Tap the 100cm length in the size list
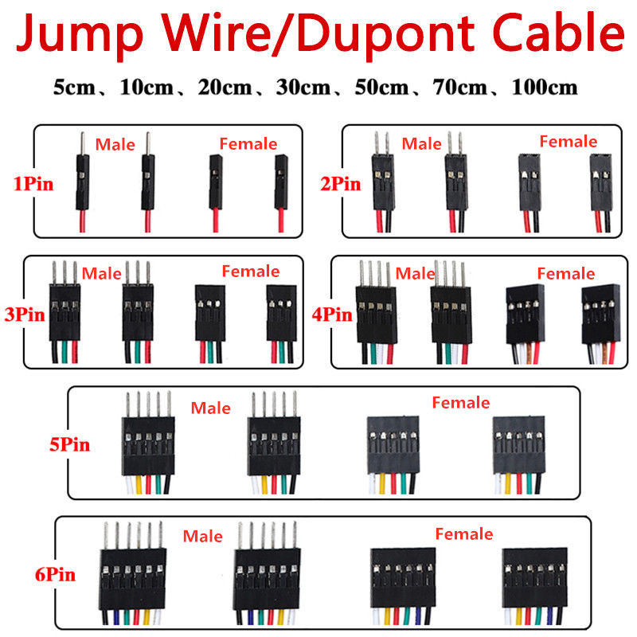(545, 88)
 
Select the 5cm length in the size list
(74, 88)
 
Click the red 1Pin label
(33, 184)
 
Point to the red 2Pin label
(341, 184)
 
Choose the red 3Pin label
(25, 315)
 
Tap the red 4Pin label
(332, 315)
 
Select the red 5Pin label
(69, 444)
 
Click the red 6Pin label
(55, 574)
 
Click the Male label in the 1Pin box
(115, 145)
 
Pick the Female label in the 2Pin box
(569, 142)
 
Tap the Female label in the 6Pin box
(464, 533)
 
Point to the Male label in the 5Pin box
(210, 408)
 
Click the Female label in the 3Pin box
(251, 271)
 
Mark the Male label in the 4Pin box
(415, 273)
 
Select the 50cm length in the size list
(381, 88)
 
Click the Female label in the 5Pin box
(461, 403)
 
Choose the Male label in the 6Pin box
(202, 536)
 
